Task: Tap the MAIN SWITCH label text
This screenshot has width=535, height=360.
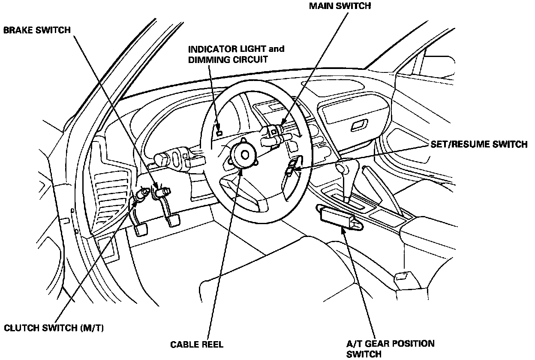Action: point(339,6)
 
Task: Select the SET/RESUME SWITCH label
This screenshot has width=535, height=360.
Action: point(479,144)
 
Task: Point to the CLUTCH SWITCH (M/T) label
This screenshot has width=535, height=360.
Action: point(54,328)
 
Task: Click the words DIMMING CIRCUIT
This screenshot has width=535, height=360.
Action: point(228,59)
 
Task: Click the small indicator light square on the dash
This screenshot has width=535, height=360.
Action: point(219,132)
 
